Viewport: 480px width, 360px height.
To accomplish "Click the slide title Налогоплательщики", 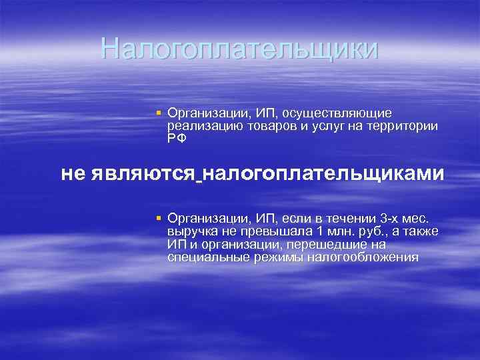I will click(239, 49).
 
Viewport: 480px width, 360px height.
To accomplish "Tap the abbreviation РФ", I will click(177, 138).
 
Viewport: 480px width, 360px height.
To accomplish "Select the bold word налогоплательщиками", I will click(323, 174).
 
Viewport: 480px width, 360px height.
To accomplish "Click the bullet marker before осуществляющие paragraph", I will click(159, 113).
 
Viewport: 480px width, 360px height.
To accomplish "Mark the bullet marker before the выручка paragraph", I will click(159, 218).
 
